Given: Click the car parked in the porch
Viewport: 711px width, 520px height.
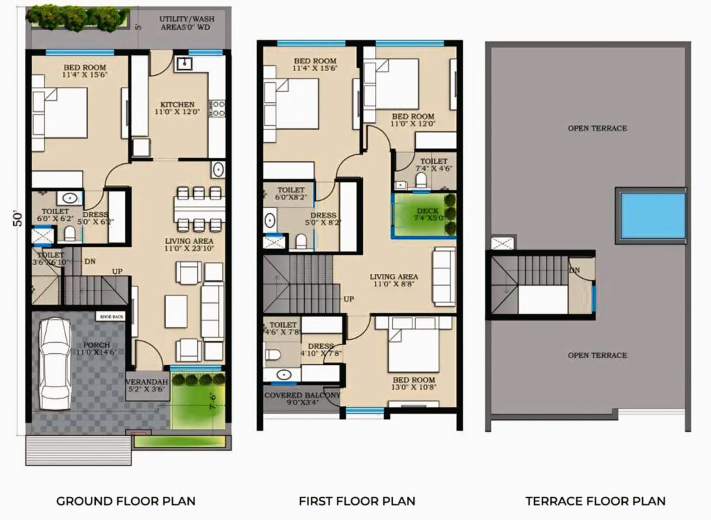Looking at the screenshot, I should [54, 364].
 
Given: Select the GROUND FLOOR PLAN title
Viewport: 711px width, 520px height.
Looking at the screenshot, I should [126, 501].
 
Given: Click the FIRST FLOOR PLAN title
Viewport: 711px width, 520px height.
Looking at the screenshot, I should [357, 501].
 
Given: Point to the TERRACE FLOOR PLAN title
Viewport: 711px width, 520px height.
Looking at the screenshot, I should [595, 501].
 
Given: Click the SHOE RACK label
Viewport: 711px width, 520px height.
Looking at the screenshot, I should [112, 317].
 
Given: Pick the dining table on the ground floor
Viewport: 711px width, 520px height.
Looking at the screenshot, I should [199, 208].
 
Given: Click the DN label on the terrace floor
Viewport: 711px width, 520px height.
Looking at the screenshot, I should [574, 270].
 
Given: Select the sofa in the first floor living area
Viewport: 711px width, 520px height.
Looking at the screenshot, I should [444, 275].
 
